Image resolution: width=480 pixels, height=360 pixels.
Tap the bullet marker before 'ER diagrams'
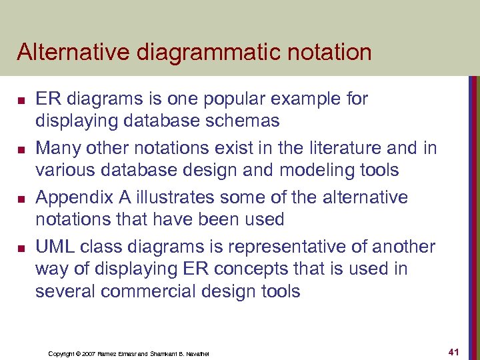pos(21,101)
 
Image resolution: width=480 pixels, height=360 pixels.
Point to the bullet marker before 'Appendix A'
pos(21,199)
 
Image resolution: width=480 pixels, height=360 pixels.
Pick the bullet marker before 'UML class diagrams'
pos(21,249)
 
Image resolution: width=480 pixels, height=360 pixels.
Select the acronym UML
pos(55,247)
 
